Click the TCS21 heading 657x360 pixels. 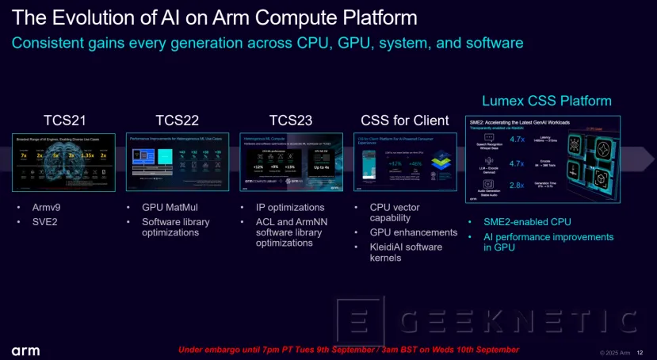(x=64, y=121)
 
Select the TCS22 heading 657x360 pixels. (x=178, y=121)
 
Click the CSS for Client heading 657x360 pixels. (x=405, y=121)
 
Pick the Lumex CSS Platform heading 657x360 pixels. (x=547, y=101)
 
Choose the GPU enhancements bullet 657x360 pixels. (x=414, y=232)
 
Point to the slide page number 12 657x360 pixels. (x=641, y=352)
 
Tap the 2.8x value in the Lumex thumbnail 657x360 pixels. (x=516, y=185)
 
